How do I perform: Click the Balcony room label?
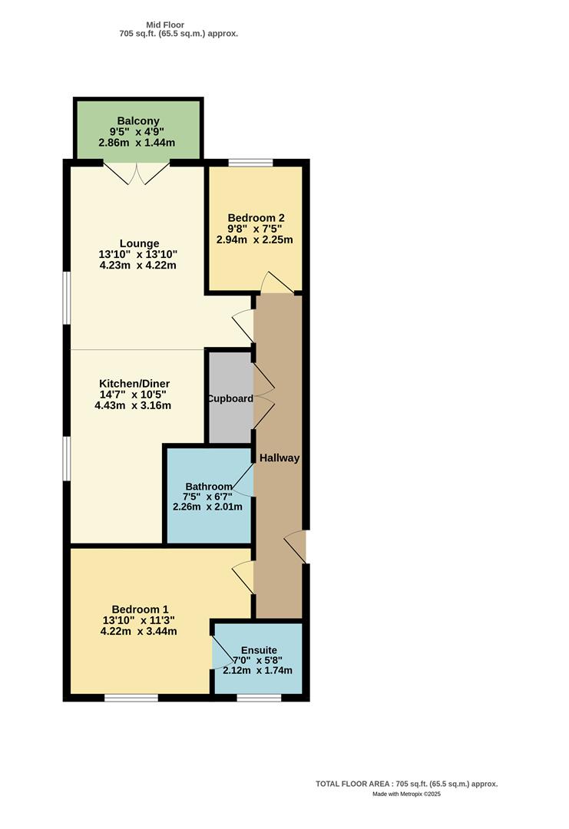138,121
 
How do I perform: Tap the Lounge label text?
139,244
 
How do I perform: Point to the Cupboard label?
229,399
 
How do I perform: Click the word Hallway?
279,458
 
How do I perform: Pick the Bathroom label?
208,487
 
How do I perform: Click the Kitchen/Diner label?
134,384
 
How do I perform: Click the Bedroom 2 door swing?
275,283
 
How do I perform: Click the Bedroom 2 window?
250,163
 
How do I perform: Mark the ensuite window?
258,697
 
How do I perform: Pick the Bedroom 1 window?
131,697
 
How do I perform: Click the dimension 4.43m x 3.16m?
133,406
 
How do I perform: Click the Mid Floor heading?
165,25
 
